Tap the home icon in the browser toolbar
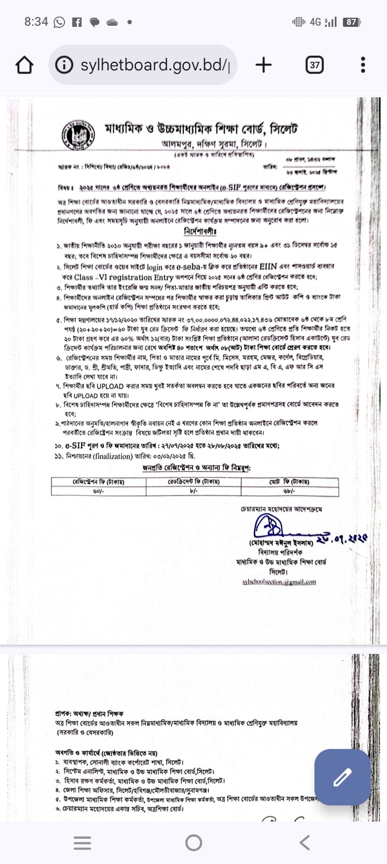click(x=24, y=65)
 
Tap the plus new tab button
click(x=263, y=65)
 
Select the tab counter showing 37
click(x=314, y=65)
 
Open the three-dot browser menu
click(x=363, y=65)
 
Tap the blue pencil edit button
click(x=342, y=777)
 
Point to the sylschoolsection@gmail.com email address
click(x=279, y=581)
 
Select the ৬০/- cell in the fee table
click(x=98, y=491)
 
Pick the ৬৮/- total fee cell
click(x=289, y=491)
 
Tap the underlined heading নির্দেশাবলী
click(x=200, y=232)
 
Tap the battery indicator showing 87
click(x=351, y=22)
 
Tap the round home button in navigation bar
click(x=193, y=843)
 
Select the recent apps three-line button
click(x=82, y=843)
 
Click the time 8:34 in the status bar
click(x=36, y=22)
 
